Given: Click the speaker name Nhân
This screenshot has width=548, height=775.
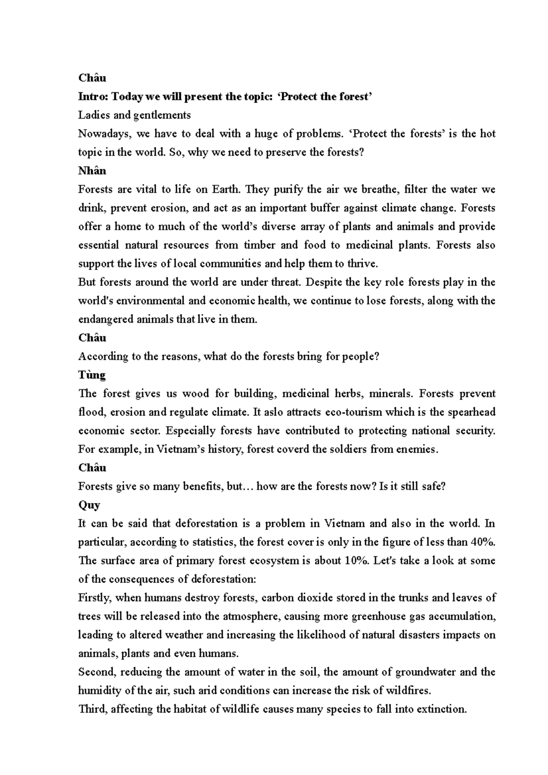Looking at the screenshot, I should pyautogui.click(x=92, y=171).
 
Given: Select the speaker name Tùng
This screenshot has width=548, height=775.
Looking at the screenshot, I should pyautogui.click(x=92, y=375).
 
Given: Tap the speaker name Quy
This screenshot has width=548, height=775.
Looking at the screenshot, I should pyautogui.click(x=89, y=505).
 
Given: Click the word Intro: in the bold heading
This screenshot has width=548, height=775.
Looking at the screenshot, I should pyautogui.click(x=93, y=97).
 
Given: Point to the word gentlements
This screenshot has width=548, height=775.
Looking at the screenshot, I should pyautogui.click(x=162, y=115).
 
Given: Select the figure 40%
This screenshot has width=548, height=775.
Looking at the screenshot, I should pyautogui.click(x=483, y=542).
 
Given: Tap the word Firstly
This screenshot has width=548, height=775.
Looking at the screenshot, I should pyautogui.click(x=94, y=598).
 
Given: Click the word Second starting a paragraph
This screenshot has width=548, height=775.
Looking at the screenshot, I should pyautogui.click(x=95, y=672).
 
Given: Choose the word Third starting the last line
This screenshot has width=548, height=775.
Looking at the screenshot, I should pyautogui.click(x=91, y=709).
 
